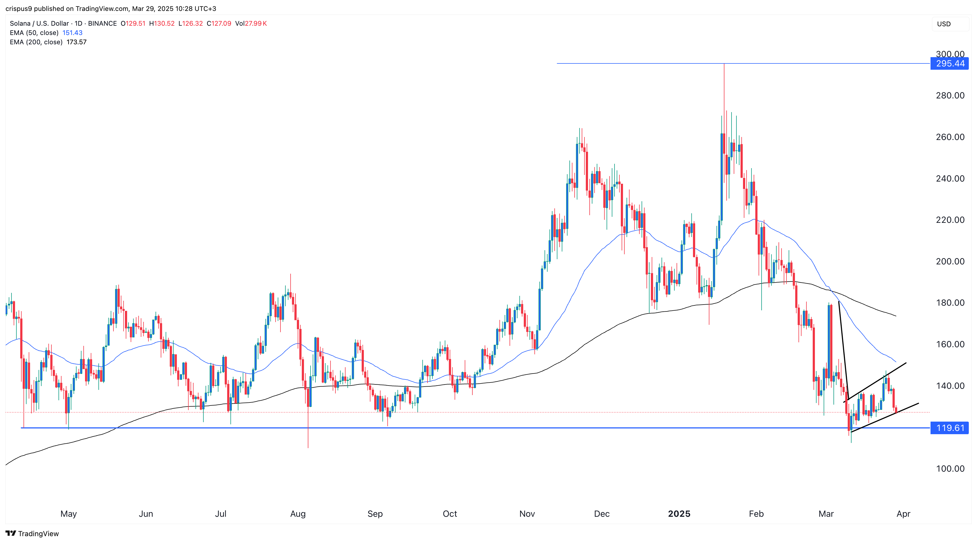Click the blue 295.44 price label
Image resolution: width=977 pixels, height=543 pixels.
point(949,63)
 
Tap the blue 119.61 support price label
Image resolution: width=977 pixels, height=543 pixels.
point(949,428)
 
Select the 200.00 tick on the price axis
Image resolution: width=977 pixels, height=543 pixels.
point(950,261)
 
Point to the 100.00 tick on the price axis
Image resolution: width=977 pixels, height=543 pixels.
point(950,469)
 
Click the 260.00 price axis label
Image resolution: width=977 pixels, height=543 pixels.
point(950,137)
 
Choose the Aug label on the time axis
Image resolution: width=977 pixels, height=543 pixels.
point(298,514)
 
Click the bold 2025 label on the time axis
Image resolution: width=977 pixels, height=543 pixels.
point(679,514)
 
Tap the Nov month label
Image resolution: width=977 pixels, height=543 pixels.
point(527,514)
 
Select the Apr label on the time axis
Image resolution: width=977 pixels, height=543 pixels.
point(903,514)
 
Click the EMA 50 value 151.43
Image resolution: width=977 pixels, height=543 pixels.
point(72,33)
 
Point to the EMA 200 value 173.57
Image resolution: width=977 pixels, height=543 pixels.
point(77,42)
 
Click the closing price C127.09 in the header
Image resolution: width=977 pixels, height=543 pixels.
point(219,24)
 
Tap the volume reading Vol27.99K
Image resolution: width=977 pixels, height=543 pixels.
point(251,24)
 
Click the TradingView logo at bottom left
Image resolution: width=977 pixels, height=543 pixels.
point(32,533)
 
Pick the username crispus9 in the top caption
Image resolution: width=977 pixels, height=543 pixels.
point(19,8)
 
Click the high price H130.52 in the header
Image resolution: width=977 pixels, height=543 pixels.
point(162,24)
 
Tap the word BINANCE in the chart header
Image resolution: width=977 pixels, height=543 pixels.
point(103,24)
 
